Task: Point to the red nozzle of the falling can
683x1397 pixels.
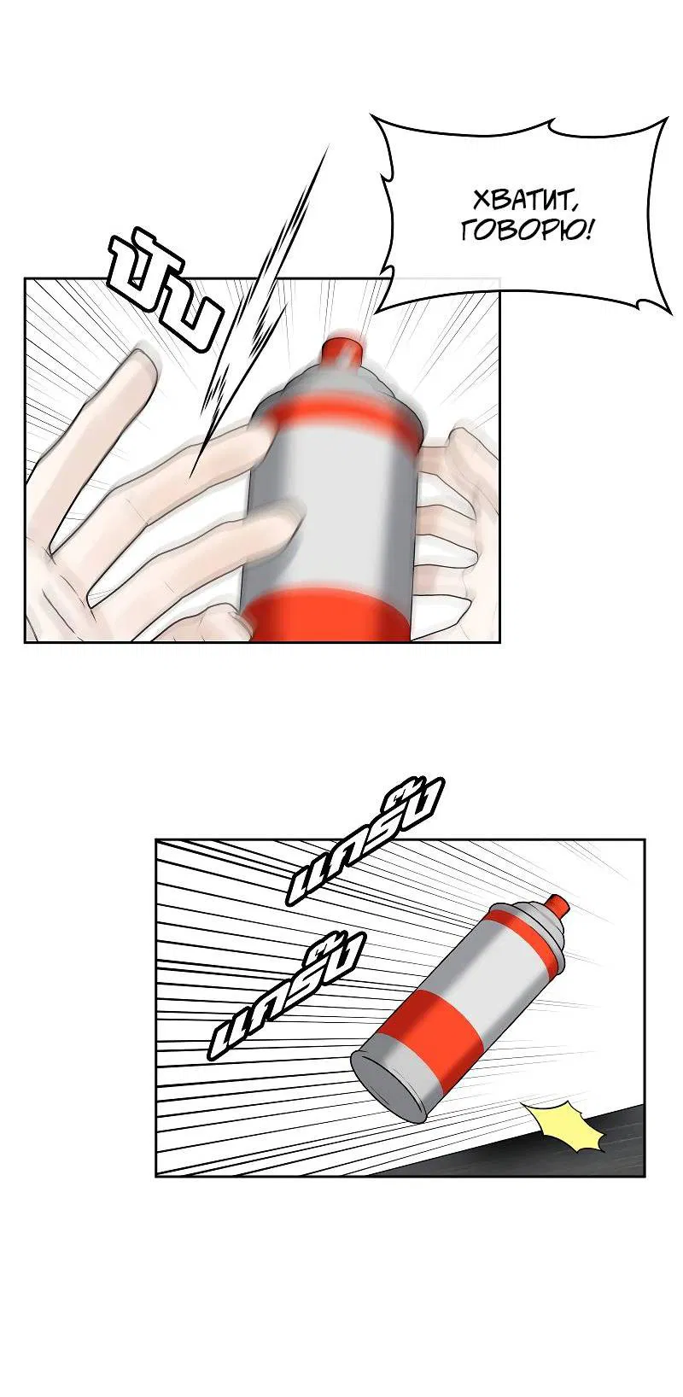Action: (x=557, y=905)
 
